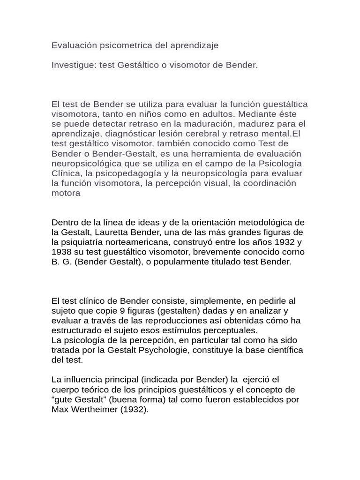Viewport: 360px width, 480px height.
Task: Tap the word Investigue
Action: (x=73, y=65)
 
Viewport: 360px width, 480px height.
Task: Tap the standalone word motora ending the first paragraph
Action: (x=66, y=193)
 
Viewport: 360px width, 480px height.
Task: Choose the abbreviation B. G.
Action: (x=60, y=262)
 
